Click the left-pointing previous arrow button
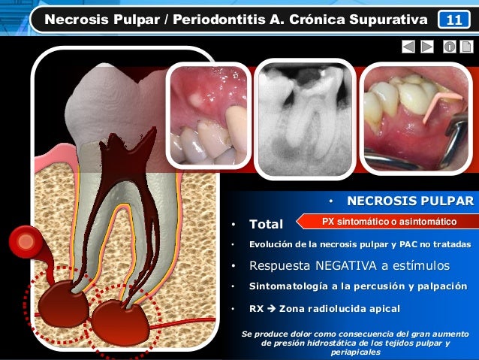tap(408, 47)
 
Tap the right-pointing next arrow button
tap(427, 47)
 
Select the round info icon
tap(449, 47)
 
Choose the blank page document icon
tap(466, 47)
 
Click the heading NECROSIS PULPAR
tap(410, 201)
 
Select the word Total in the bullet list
tap(266, 224)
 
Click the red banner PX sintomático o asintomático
tap(389, 222)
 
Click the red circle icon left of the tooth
tap(28, 242)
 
